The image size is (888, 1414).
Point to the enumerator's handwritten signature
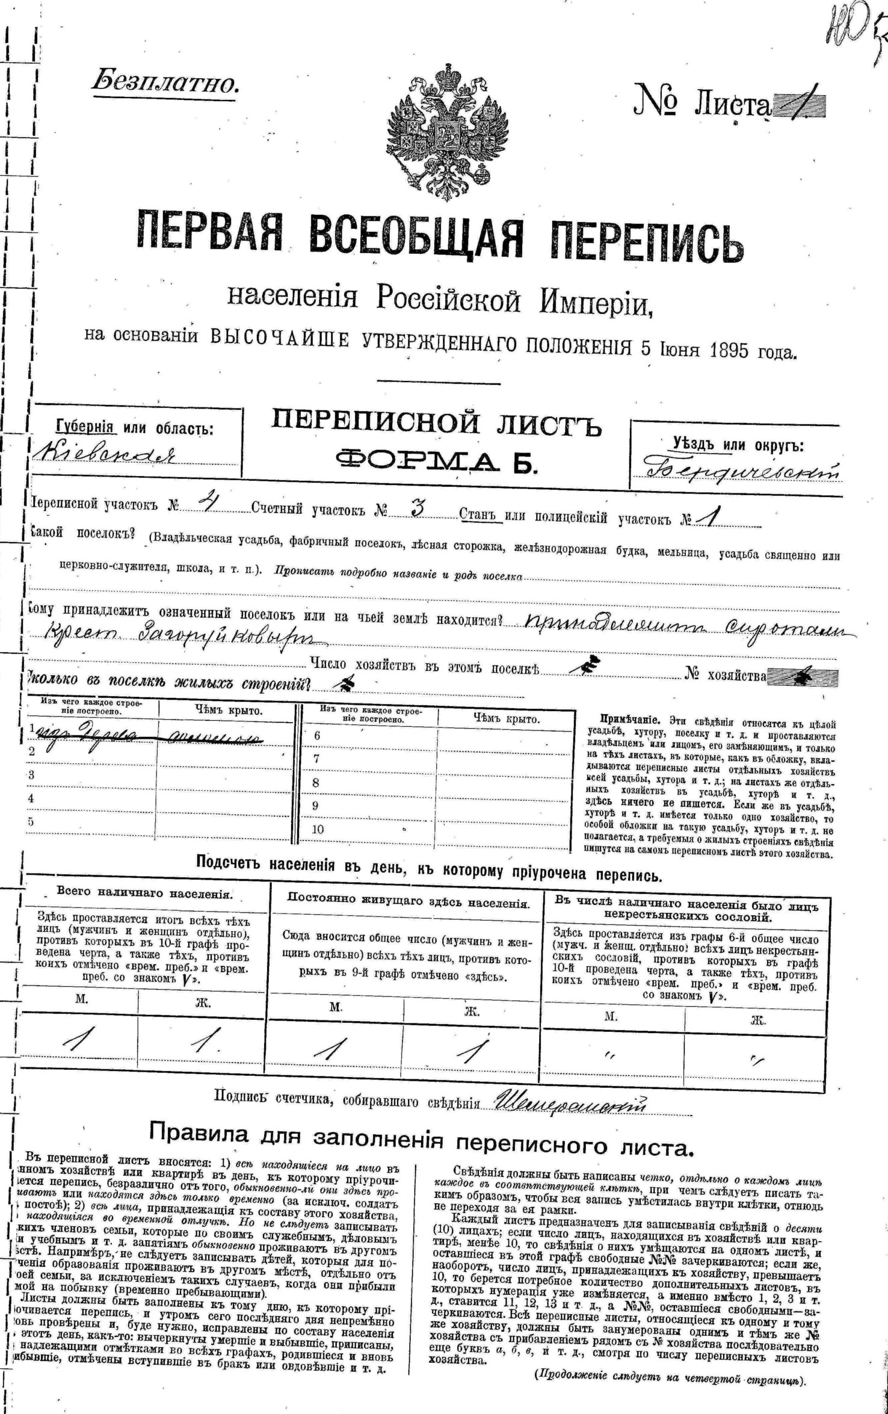tap(569, 1102)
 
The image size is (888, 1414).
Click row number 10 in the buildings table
tap(318, 829)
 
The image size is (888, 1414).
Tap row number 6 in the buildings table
tap(317, 735)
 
